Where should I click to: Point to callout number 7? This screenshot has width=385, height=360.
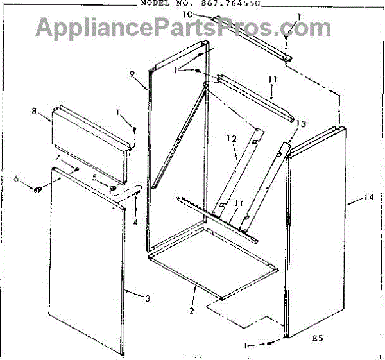pos(58,157)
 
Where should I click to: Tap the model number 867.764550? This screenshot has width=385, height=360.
pos(232,3)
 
